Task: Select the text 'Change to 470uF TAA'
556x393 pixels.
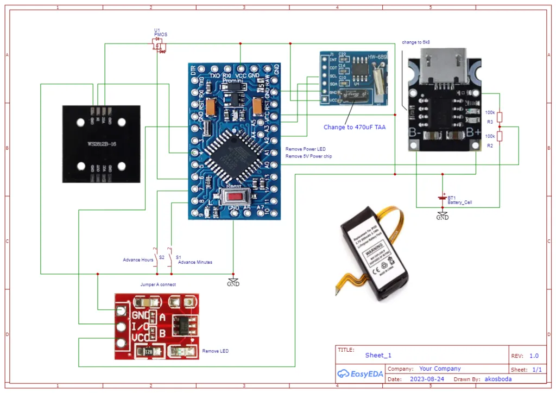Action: pos(355,127)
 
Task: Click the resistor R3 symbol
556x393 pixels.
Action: pos(500,117)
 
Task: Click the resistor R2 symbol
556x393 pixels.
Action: pos(500,136)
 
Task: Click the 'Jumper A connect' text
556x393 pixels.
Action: pos(158,284)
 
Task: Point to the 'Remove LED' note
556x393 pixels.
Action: pos(215,351)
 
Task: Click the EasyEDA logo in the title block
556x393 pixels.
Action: pos(359,373)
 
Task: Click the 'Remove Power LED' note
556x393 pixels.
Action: pos(306,149)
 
